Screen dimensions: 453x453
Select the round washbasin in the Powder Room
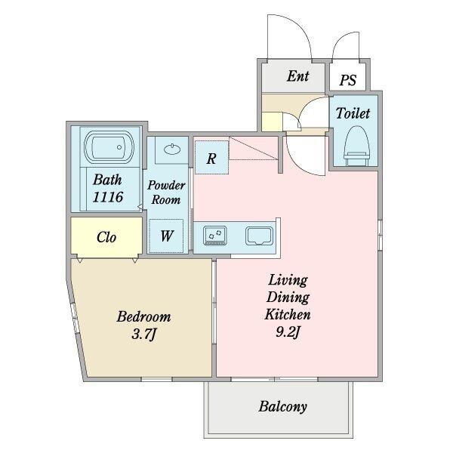171,149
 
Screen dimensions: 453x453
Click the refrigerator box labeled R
211,159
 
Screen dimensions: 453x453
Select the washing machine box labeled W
167,236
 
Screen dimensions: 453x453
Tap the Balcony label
282,407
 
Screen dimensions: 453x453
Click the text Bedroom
143,316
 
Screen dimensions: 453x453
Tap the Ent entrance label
297,76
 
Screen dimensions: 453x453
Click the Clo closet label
106,237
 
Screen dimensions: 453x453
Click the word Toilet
353,114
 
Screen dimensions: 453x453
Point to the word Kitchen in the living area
288,314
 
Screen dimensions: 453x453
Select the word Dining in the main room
288,297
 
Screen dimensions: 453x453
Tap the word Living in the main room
288,280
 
